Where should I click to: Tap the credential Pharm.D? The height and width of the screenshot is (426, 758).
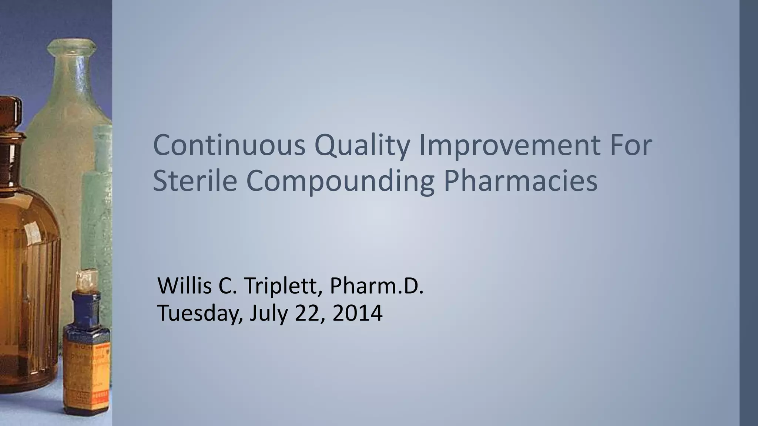376,286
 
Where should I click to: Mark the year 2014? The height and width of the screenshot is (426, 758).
358,313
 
